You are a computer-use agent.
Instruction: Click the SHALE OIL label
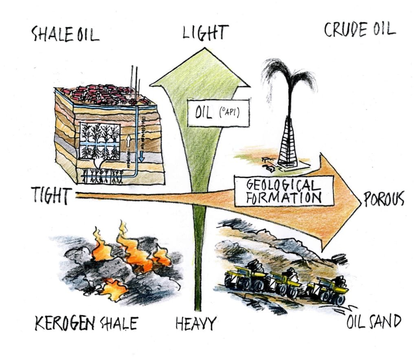[65, 35]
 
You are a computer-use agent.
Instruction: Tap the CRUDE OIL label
[359, 30]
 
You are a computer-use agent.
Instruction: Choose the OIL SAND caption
[373, 322]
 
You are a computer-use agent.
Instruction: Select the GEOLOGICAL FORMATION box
[284, 191]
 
